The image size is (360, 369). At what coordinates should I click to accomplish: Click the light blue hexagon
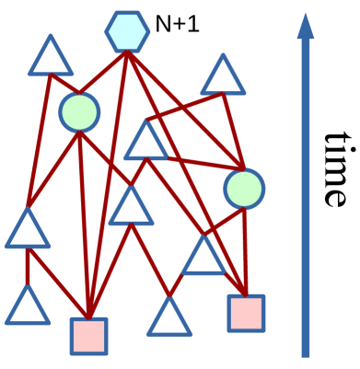click(127, 31)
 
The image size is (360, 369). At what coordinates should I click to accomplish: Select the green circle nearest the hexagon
click(79, 111)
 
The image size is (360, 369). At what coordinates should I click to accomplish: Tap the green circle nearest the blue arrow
click(244, 189)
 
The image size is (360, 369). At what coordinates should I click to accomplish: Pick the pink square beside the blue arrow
click(246, 313)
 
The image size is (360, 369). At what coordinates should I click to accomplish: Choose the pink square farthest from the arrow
click(88, 336)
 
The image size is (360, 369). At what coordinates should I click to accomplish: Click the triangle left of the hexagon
click(51, 58)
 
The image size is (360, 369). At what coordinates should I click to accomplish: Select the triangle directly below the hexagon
click(146, 143)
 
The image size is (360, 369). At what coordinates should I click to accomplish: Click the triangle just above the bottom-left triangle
click(28, 231)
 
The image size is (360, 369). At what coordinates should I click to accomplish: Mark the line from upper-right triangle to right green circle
click(233, 129)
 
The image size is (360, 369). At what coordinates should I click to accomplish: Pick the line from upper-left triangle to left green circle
click(64, 84)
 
